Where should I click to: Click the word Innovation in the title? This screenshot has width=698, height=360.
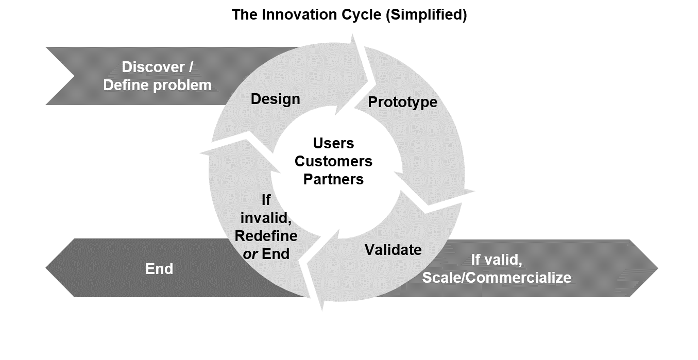pos(292,14)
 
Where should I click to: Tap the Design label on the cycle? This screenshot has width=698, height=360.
pos(275,99)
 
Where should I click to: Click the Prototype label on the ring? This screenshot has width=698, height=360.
pos(402,102)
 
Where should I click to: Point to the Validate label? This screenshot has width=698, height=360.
pos(393,250)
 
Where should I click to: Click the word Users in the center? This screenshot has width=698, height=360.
pos(333,143)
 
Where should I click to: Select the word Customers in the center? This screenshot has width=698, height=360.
pos(333,161)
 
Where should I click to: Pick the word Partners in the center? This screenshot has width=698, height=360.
pos(333,179)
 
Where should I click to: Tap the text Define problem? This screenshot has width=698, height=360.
pos(157,85)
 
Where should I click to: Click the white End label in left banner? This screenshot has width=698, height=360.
pos(159,269)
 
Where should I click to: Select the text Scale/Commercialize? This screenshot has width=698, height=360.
pos(497,278)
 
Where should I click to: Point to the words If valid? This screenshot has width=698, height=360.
pos(497,260)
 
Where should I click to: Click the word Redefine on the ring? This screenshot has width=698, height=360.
pos(266,235)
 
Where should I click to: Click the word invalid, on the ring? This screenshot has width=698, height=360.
pos(266,218)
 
